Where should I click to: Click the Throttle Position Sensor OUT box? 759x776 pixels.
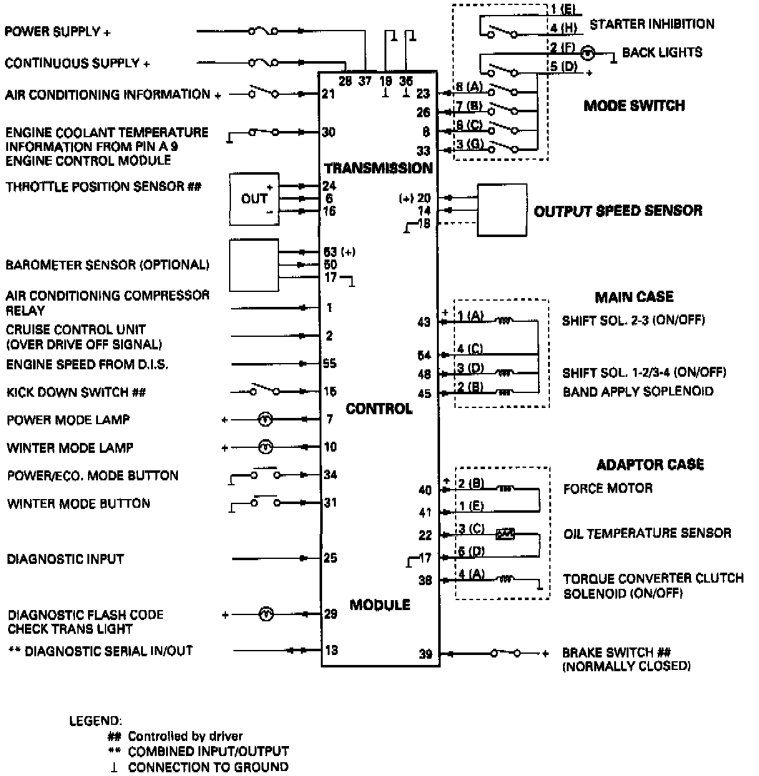coord(254,199)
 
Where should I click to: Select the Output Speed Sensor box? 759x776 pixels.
coord(502,210)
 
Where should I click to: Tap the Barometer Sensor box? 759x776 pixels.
coord(254,264)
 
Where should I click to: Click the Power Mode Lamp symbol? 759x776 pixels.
coord(266,420)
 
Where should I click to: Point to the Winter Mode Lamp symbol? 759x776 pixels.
coord(266,447)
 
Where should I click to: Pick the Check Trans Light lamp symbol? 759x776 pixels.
coord(266,615)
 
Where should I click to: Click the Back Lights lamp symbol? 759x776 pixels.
coord(587,53)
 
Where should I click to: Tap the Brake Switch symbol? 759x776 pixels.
coord(505,654)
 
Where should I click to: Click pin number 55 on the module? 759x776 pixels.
coord(330,364)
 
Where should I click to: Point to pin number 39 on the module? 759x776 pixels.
coord(425,654)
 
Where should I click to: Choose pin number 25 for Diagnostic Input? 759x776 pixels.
coord(330,558)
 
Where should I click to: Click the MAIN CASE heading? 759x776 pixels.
coord(634,297)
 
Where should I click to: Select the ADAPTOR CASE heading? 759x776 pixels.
coord(650,465)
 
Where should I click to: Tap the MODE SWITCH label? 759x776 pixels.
coord(634,105)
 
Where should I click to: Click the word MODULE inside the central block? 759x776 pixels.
coord(379,604)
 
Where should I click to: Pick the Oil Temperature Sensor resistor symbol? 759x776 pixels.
coord(505,534)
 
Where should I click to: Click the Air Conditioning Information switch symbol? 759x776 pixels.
coord(263,93)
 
